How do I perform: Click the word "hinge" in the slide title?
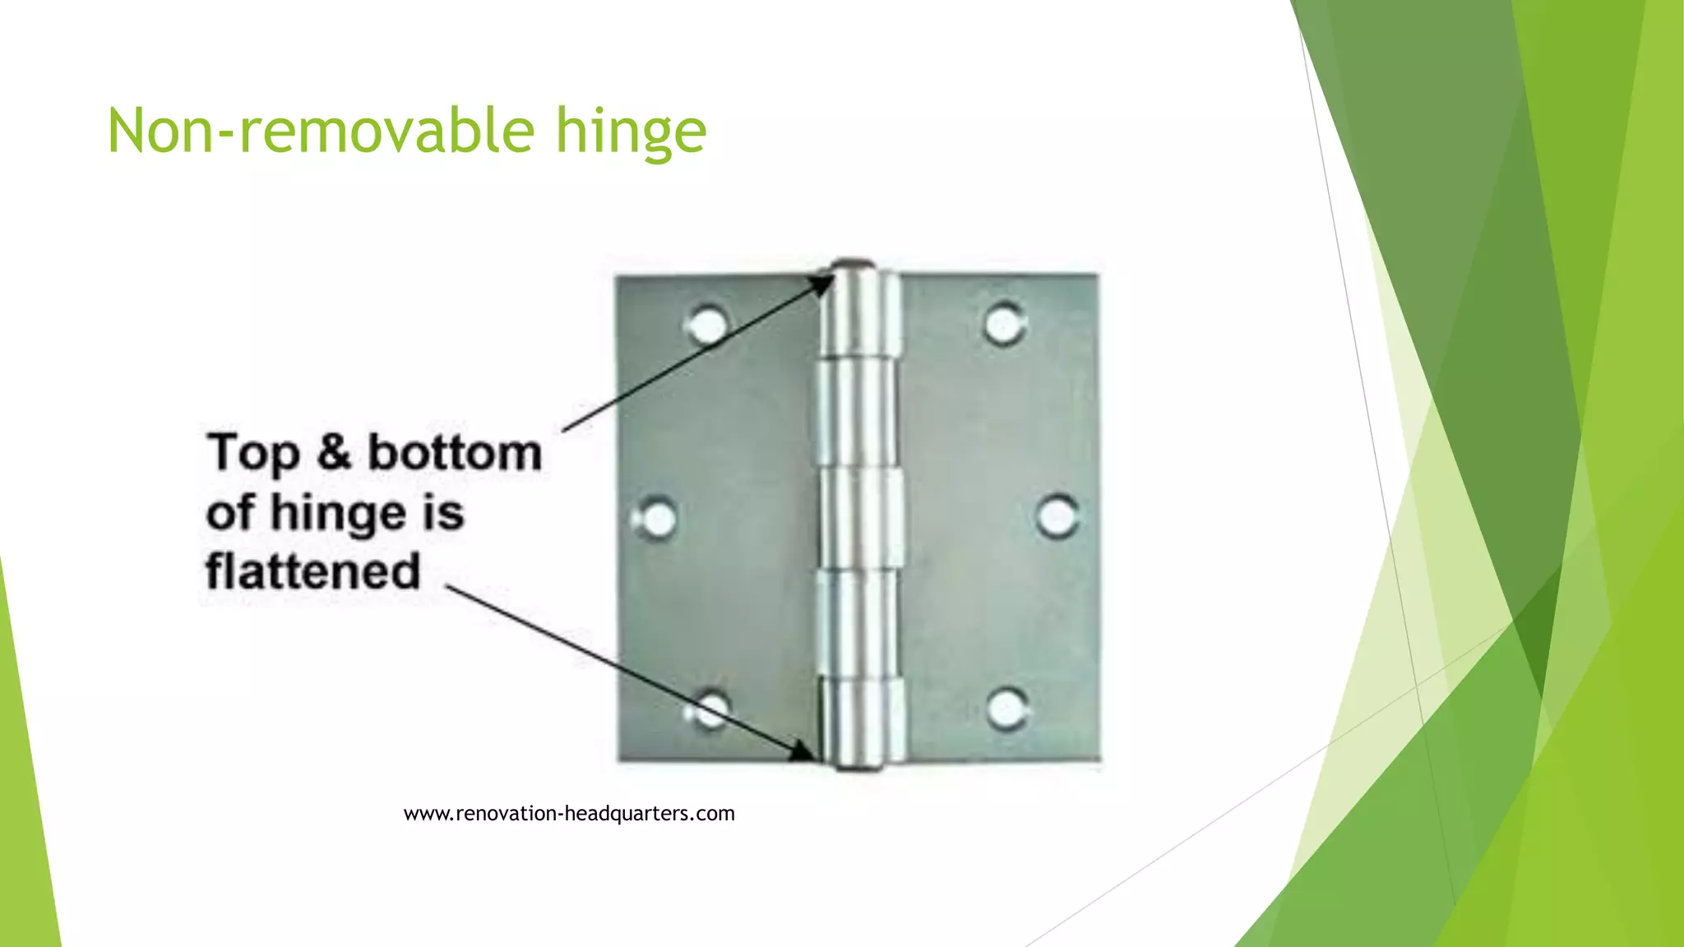coord(631,132)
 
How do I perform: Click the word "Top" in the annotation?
coord(253,453)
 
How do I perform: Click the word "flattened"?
coord(312,571)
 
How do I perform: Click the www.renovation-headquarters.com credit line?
coord(569,814)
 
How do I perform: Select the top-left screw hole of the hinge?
coord(707,324)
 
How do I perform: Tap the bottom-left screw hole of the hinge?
coord(709,709)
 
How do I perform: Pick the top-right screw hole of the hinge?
coord(1004,323)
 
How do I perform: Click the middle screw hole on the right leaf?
coord(1057,516)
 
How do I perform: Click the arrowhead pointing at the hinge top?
coord(820,284)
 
